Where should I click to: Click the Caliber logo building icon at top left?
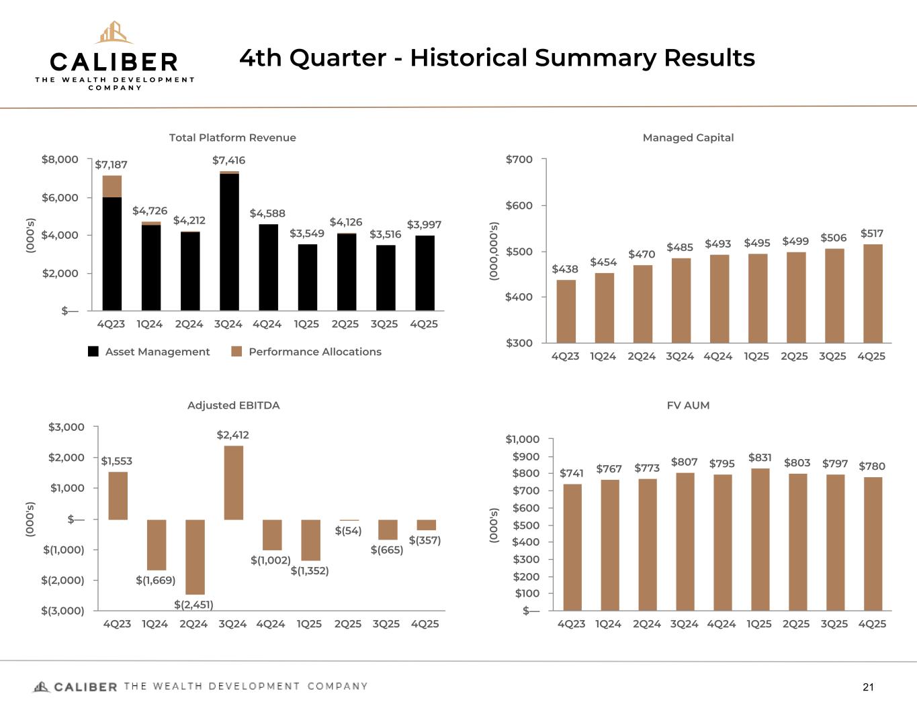(114, 32)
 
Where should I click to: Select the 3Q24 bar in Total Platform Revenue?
(229, 242)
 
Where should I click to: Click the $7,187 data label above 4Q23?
(111, 164)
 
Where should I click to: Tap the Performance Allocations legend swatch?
(236, 352)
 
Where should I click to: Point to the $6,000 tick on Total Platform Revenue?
(60, 197)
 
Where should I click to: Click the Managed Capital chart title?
(688, 138)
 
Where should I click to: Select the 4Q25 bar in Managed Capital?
(873, 293)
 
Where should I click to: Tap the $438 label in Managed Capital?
(565, 269)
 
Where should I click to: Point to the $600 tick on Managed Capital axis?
(519, 205)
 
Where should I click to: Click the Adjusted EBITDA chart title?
(233, 405)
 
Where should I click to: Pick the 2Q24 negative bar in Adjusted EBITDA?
(195, 556)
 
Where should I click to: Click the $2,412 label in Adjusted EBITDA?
(232, 435)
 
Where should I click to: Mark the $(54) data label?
(348, 531)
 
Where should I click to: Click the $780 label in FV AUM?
(872, 466)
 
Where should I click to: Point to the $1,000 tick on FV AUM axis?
(522, 440)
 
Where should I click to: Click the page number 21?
(868, 687)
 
